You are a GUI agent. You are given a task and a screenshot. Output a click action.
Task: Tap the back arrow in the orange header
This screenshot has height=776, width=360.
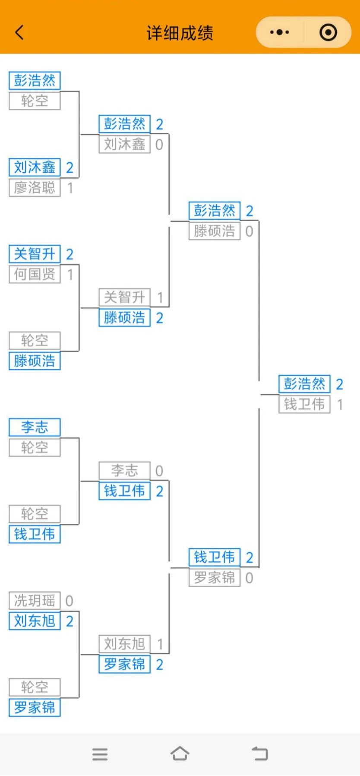pyautogui.click(x=19, y=32)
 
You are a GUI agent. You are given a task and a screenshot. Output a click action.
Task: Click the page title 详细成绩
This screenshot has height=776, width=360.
pyautogui.click(x=180, y=33)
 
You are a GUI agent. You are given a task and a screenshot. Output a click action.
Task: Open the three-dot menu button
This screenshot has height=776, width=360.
pyautogui.click(x=279, y=32)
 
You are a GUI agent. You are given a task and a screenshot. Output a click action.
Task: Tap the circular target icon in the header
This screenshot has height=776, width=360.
pyautogui.click(x=328, y=32)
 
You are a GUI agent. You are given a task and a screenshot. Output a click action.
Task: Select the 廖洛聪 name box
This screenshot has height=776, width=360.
pyautogui.click(x=35, y=188)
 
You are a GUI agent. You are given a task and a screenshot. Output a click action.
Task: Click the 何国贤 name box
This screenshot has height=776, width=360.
pyautogui.click(x=35, y=274)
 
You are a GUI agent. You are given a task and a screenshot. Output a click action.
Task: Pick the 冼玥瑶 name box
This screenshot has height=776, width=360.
pyautogui.click(x=35, y=601)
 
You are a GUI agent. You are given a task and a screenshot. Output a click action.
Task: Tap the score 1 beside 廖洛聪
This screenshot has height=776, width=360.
pyautogui.click(x=70, y=188)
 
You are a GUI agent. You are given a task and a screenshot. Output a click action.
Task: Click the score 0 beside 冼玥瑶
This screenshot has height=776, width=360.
pyautogui.click(x=69, y=601)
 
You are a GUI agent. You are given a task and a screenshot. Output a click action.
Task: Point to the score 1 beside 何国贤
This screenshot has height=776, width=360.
pyautogui.click(x=70, y=275)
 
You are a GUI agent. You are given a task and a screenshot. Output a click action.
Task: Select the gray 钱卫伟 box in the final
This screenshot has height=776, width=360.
pyautogui.click(x=304, y=405)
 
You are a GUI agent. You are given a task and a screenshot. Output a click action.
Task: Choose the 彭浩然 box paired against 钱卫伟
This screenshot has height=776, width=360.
pyautogui.click(x=304, y=384)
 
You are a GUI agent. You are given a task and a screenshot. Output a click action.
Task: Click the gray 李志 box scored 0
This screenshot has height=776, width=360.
pyautogui.click(x=124, y=471)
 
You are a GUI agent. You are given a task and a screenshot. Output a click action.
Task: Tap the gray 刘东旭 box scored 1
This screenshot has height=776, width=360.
pyautogui.click(x=124, y=644)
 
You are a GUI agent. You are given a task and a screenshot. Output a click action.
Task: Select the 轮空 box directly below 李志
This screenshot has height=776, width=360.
pyautogui.click(x=35, y=448)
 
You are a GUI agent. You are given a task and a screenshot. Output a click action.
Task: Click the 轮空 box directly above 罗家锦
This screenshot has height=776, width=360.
pyautogui.click(x=35, y=687)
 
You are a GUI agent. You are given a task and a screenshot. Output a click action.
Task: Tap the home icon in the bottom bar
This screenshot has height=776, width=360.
pyautogui.click(x=180, y=754)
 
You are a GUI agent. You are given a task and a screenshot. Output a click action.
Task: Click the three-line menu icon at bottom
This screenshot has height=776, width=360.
pyautogui.click(x=100, y=754)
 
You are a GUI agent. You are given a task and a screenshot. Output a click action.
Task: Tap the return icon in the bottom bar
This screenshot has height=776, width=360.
pyautogui.click(x=260, y=754)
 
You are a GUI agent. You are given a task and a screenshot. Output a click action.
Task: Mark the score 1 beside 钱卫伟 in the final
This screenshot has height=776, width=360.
pyautogui.click(x=340, y=405)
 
